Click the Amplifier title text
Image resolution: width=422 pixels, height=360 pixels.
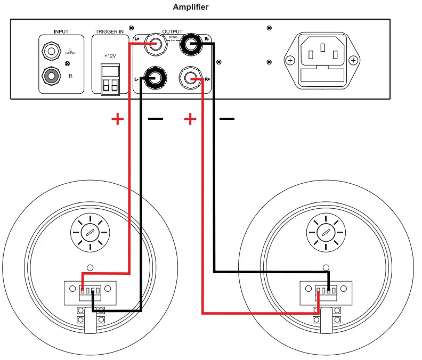(191, 7)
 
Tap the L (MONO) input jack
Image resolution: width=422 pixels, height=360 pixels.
(52, 52)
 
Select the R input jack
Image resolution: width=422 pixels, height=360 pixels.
(52, 76)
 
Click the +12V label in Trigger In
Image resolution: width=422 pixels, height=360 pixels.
(110, 56)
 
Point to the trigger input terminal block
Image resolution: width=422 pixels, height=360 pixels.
(110, 79)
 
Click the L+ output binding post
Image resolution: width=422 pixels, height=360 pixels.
(155, 44)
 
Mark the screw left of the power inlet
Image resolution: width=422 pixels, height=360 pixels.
(290, 60)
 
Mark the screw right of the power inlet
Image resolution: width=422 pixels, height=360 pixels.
(353, 60)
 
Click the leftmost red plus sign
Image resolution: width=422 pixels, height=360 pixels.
(117, 119)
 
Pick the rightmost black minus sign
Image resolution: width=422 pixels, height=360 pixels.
(227, 119)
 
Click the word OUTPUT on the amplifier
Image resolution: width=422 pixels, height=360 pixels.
(172, 32)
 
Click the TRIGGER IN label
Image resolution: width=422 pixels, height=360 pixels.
(110, 32)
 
